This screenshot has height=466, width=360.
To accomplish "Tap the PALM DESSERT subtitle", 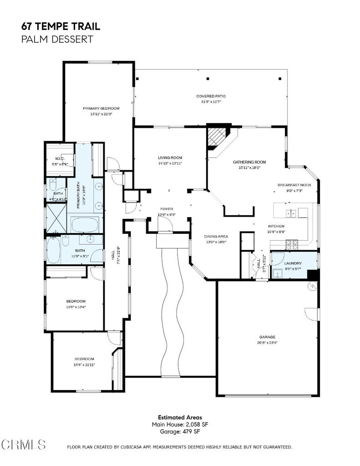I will (57, 39).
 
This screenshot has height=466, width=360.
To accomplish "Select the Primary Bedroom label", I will (101, 108).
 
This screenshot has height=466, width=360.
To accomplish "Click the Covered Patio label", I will (211, 96).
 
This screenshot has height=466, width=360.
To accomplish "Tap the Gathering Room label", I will (249, 162).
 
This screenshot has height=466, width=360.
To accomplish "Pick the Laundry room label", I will (293, 263).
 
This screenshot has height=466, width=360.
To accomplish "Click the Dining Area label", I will (216, 236).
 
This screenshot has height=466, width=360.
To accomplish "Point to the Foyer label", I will (166, 209).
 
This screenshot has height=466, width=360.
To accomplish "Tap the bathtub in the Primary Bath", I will (85, 224).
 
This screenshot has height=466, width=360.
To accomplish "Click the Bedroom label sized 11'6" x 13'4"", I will (76, 301).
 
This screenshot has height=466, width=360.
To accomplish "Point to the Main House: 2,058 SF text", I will (180, 424).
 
